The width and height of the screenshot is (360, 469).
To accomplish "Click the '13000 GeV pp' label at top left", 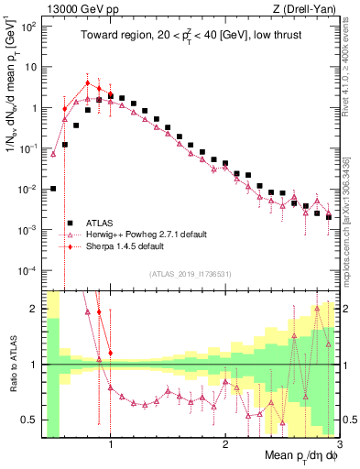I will [x=75, y=10].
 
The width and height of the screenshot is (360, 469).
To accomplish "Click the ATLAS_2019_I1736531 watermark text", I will [x=191, y=274].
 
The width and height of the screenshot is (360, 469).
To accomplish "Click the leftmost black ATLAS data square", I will [x=53, y=189].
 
